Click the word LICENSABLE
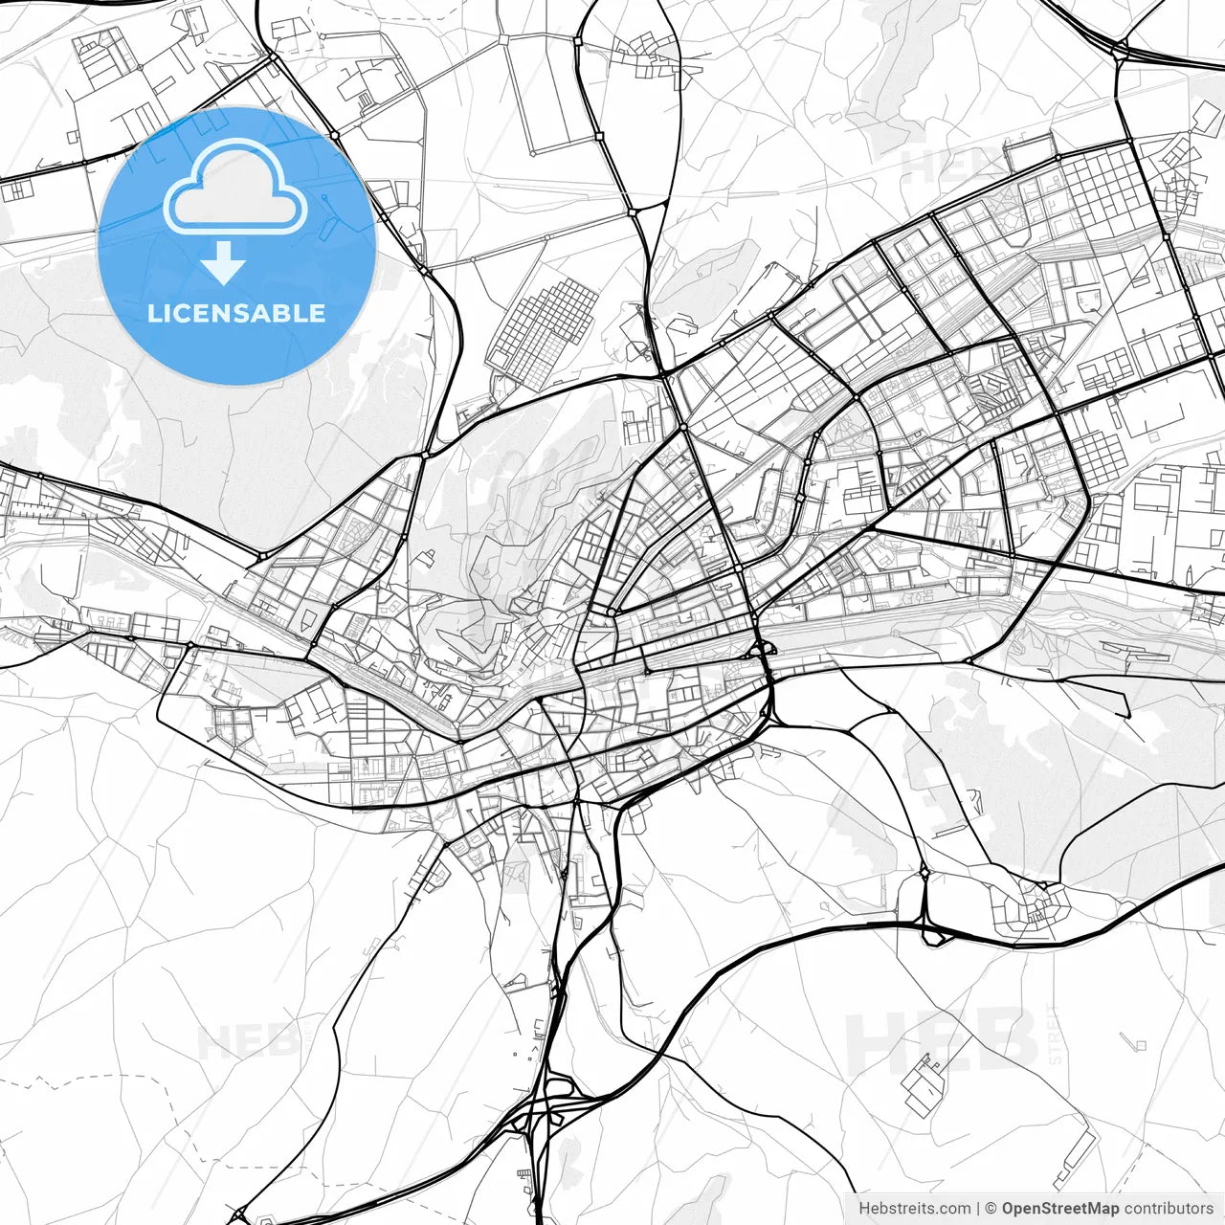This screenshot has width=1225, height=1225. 235,314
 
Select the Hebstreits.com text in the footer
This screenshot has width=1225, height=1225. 914,1209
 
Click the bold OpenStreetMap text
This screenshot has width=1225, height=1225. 1060,1209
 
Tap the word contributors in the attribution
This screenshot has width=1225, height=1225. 1169,1209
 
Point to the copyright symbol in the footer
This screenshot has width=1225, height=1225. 991,1209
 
